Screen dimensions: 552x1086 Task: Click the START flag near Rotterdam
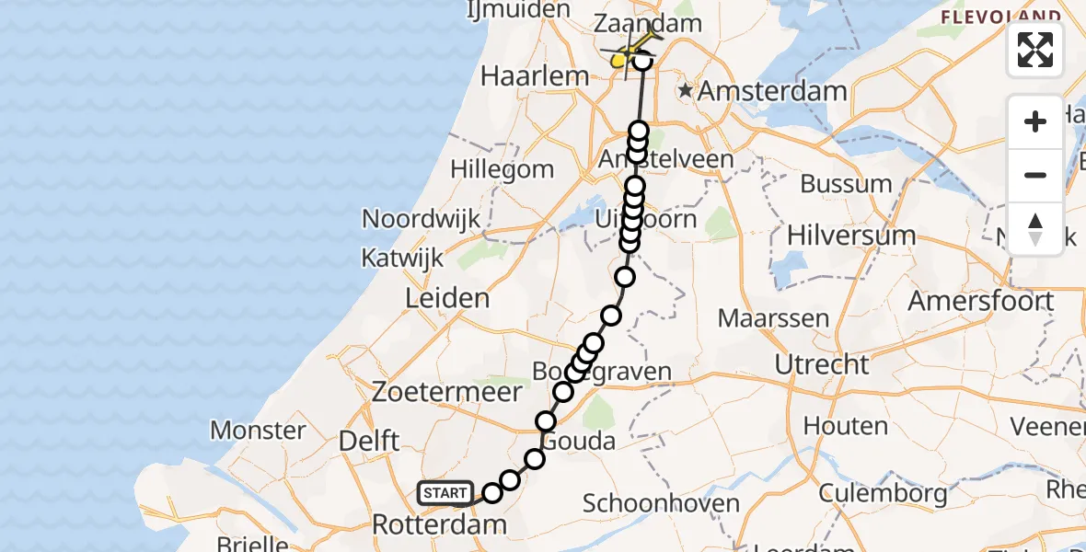click(x=446, y=493)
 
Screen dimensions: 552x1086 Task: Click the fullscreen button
click(x=1035, y=50)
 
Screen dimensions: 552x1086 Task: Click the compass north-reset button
click(x=1035, y=229)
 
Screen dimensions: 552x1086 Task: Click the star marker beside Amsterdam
click(x=685, y=91)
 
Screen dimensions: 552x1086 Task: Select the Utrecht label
click(x=821, y=364)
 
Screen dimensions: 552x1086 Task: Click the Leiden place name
click(x=446, y=298)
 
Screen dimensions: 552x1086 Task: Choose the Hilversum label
click(x=851, y=236)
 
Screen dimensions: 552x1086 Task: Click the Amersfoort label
click(x=980, y=301)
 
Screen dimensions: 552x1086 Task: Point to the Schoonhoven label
click(x=661, y=503)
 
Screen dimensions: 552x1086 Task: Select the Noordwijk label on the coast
click(x=422, y=219)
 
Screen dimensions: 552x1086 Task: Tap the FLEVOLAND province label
click(x=1001, y=17)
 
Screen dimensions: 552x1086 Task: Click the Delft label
click(x=369, y=441)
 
